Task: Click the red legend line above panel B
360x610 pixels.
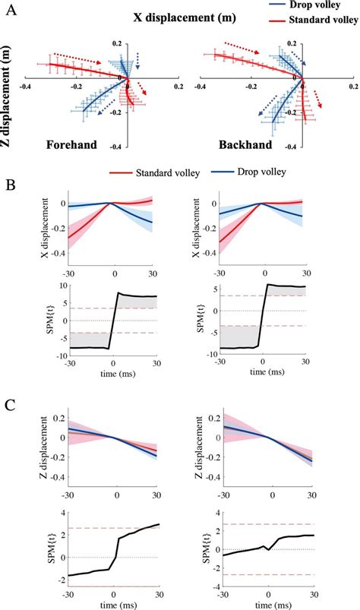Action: point(120,174)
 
